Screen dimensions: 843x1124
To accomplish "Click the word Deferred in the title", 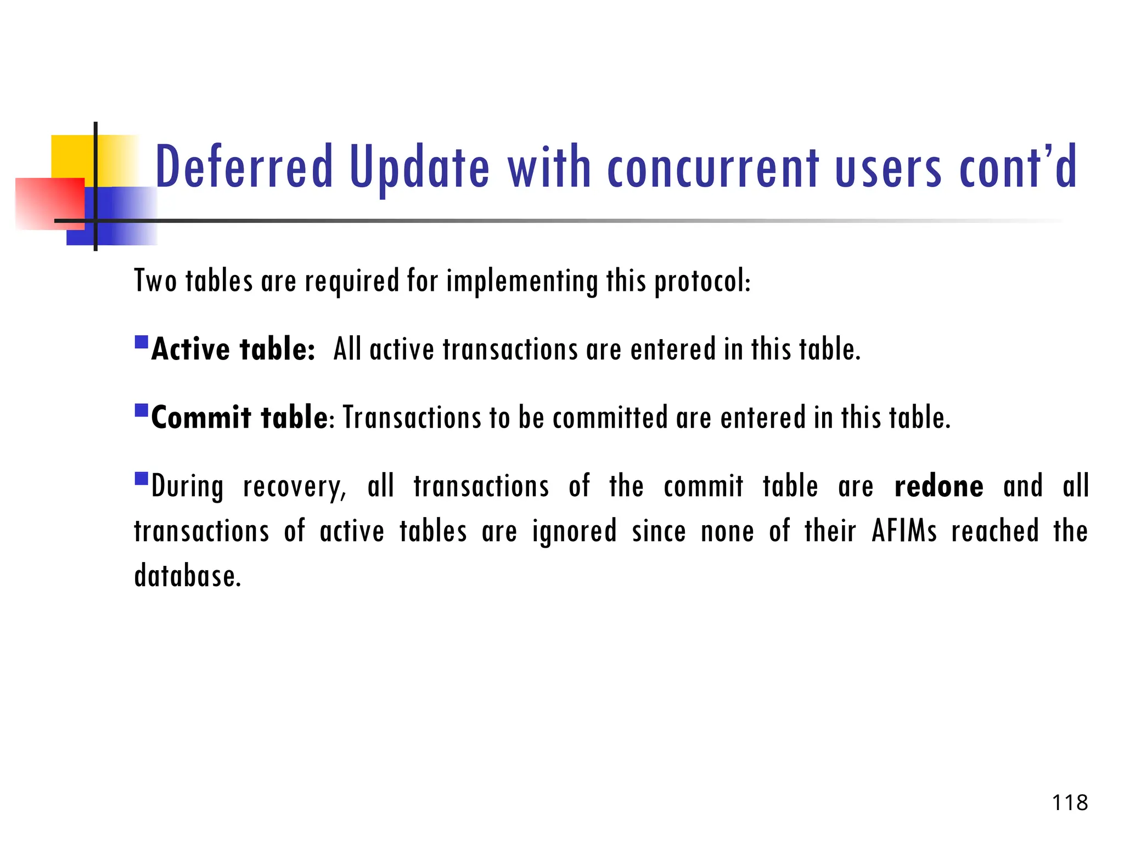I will click(x=244, y=166).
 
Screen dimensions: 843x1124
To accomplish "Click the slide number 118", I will click(x=1070, y=803).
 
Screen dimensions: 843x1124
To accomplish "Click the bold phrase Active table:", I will click(x=233, y=349).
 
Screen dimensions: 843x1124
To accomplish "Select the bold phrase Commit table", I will click(x=239, y=418).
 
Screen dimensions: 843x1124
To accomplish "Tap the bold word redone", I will click(x=938, y=486).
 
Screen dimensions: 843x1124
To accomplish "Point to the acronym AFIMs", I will click(x=904, y=531).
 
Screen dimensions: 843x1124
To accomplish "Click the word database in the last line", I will click(x=187, y=576).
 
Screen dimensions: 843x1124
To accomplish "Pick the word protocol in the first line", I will click(x=702, y=281).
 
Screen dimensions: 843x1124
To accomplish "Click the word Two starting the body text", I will click(x=155, y=281).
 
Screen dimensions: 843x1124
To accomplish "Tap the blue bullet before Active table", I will click(x=142, y=342).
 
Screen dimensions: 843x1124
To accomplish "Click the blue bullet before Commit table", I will click(x=142, y=411).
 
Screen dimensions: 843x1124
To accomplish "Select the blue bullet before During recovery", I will click(x=142, y=479).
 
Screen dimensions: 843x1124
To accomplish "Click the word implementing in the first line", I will click(x=521, y=281).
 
